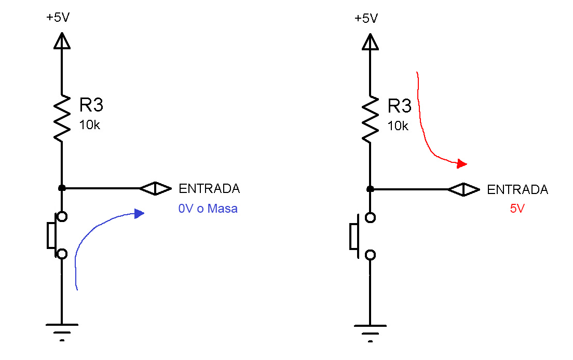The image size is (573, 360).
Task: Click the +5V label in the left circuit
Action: click(x=58, y=17)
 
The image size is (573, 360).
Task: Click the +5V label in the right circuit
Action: click(x=366, y=18)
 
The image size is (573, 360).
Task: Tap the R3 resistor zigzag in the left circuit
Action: click(x=62, y=118)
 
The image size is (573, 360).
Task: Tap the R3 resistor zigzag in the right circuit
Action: click(x=370, y=119)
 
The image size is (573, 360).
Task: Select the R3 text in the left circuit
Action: click(x=91, y=105)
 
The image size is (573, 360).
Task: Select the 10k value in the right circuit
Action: click(x=398, y=126)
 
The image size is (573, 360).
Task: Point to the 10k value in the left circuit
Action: click(x=89, y=125)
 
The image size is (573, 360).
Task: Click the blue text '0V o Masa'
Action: click(x=208, y=209)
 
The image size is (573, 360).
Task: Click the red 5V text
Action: click(x=517, y=209)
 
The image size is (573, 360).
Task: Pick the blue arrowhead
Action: click(x=139, y=214)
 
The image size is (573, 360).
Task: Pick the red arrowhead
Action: click(x=462, y=163)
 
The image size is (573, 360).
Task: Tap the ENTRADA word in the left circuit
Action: click(x=209, y=188)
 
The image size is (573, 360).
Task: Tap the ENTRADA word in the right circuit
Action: click(x=518, y=189)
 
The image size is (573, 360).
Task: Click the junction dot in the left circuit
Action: click(x=62, y=188)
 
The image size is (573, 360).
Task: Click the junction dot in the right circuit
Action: click(x=370, y=189)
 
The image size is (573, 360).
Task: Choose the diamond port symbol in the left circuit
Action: click(x=156, y=188)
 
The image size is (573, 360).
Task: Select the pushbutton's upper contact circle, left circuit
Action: click(x=62, y=217)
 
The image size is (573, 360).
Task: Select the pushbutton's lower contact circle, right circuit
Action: click(x=371, y=255)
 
